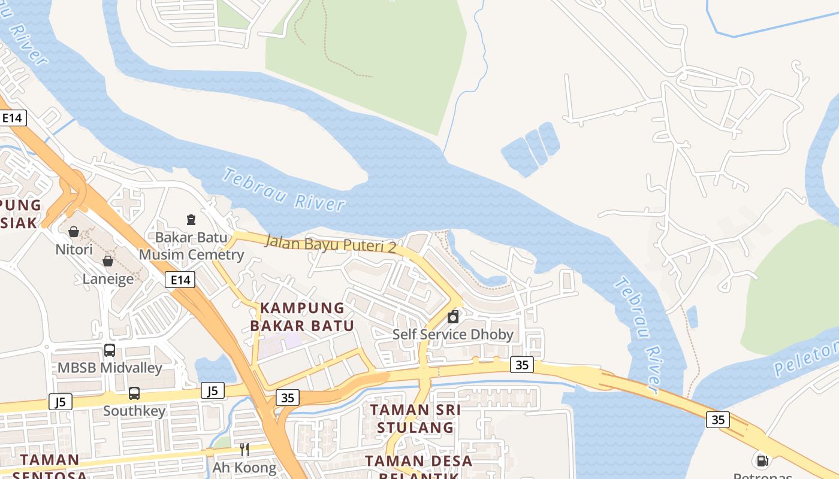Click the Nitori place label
coord(74,249)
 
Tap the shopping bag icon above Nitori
coord(74,231)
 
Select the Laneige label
coord(108,279)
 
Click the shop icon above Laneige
coord(108,261)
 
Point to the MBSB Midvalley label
coord(110,368)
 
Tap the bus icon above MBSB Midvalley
coord(110,350)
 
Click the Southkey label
coord(134,411)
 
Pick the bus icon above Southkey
coord(134,393)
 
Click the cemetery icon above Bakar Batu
coord(191,220)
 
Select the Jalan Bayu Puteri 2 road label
coord(330,244)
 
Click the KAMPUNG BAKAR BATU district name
coord(302,317)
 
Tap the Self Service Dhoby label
coord(453,334)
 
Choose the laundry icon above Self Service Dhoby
coord(453,316)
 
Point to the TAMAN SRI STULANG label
coord(415,419)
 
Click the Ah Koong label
coord(245,467)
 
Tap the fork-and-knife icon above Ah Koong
coord(245,449)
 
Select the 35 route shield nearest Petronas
coord(718,420)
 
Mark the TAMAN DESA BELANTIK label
coord(419,467)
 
